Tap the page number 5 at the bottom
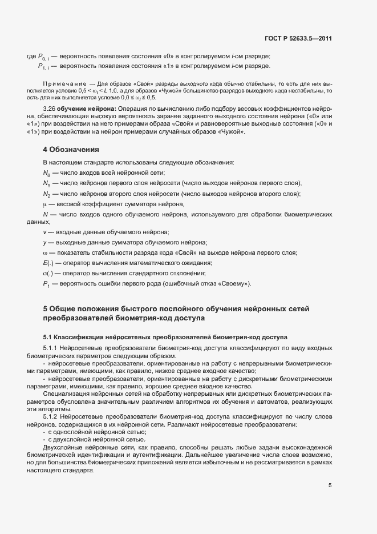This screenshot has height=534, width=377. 330,485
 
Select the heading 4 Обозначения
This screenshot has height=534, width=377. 71,150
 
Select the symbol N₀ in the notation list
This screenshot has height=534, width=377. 46,172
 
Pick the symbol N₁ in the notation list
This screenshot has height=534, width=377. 46,183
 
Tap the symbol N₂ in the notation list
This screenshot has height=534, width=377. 46,194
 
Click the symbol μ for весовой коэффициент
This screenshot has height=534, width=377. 44,204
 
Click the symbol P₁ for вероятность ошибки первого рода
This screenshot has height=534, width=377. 46,284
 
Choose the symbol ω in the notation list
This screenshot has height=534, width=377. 44,252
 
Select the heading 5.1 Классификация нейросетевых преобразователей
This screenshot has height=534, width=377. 165,337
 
